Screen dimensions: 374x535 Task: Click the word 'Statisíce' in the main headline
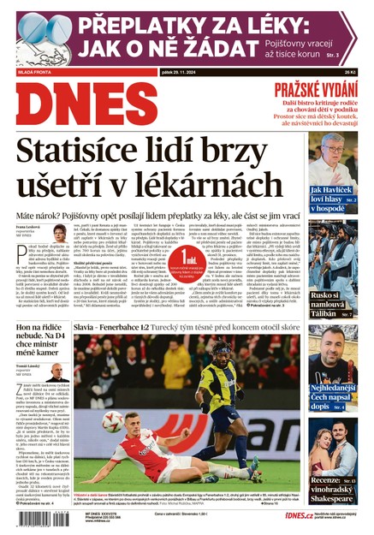click(x=91, y=151)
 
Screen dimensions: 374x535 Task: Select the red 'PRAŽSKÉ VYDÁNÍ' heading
click(x=323, y=92)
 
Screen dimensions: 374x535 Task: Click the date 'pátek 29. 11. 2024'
click(x=186, y=73)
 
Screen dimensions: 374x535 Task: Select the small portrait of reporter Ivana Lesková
click(x=61, y=234)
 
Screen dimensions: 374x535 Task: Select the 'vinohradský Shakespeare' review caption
click(x=334, y=490)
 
